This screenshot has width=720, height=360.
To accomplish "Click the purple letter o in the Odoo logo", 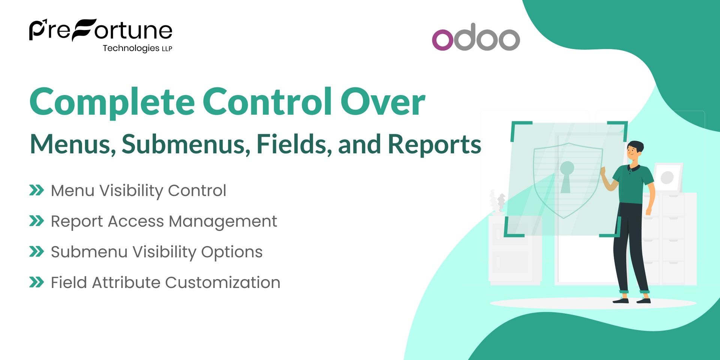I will (x=442, y=39).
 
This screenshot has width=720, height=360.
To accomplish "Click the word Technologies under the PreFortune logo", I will (x=131, y=48).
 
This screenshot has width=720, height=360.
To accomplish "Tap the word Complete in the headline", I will (x=112, y=102).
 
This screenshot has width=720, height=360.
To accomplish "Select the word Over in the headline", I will (x=382, y=102).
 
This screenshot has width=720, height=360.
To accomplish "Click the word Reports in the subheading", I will (x=434, y=144).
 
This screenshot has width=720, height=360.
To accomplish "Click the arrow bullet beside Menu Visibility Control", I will (x=36, y=190).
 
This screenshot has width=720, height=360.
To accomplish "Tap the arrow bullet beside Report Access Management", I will (x=36, y=221).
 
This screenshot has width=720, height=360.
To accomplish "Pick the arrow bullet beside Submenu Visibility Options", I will (x=36, y=252).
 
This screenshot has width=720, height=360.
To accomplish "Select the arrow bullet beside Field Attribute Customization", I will (x=36, y=282).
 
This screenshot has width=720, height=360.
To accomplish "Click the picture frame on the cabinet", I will (x=668, y=177).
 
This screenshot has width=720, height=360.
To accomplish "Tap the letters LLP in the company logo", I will (x=167, y=49).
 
